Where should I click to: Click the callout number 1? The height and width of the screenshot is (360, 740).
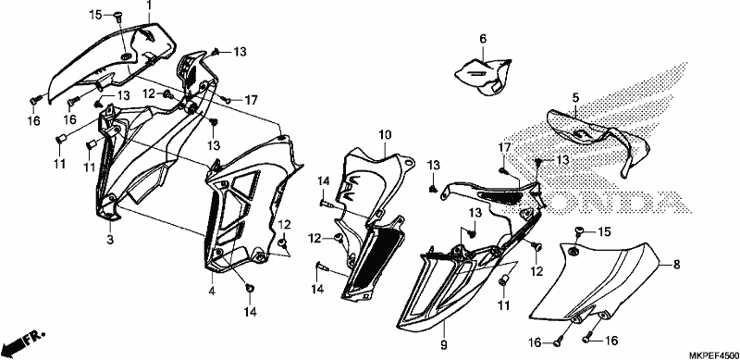[149, 6]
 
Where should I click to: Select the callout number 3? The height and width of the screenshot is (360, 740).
[110, 240]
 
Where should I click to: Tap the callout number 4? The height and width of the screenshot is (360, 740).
[212, 292]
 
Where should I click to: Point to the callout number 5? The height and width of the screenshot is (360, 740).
[575, 98]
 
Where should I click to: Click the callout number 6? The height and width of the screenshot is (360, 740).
[483, 39]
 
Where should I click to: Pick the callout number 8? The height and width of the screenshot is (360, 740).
[676, 265]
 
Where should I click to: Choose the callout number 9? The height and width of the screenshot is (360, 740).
[444, 345]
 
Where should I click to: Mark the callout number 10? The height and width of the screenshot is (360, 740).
[385, 136]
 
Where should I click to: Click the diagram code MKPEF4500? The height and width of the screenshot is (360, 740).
[712, 355]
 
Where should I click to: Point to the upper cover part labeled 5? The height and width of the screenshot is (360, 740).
[599, 137]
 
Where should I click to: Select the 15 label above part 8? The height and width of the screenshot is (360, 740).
[605, 232]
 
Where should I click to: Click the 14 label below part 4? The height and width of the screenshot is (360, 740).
[250, 312]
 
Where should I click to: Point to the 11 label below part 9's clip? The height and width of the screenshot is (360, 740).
[504, 305]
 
